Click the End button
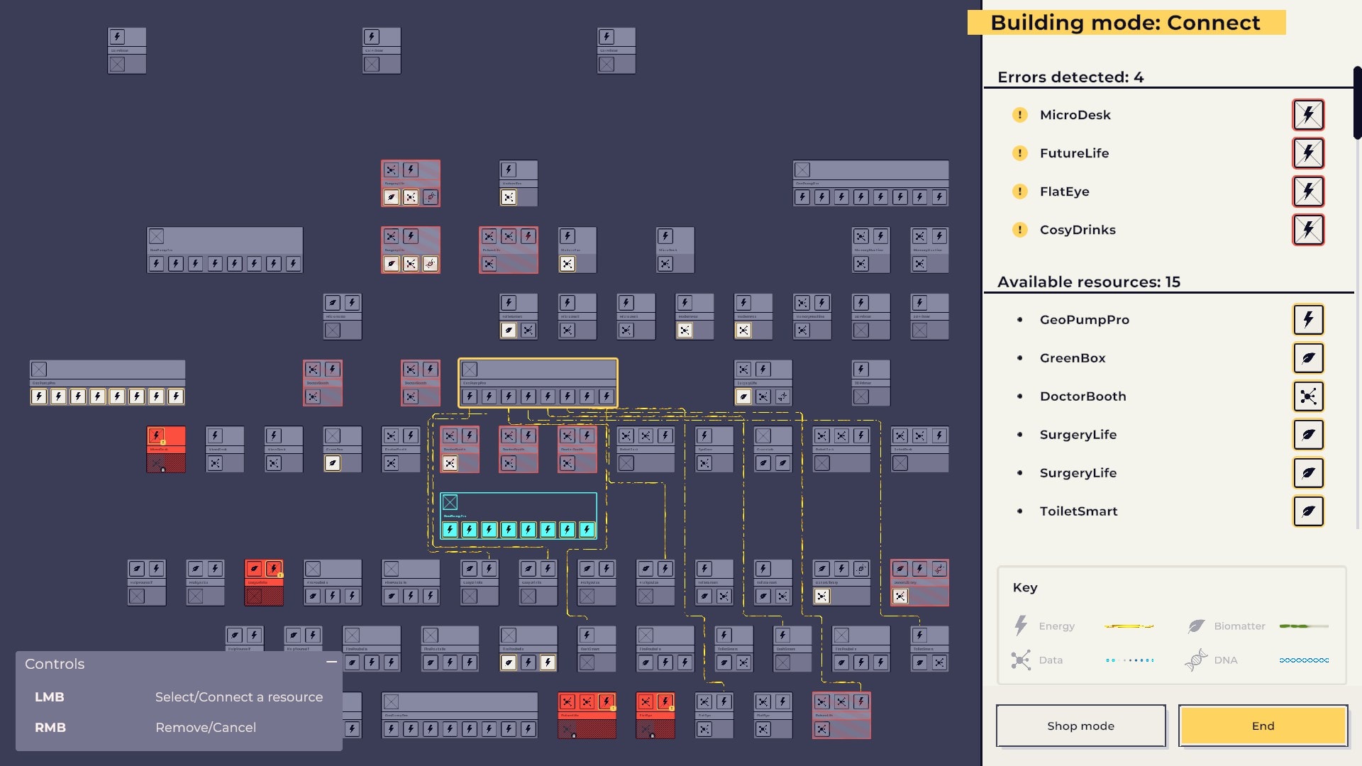pyautogui.click(x=1263, y=726)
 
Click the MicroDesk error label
pyautogui.click(x=1075, y=115)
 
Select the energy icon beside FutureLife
pyautogui.click(x=1308, y=153)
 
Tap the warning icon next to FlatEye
pyautogui.click(x=1019, y=191)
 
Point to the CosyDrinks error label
pyautogui.click(x=1077, y=230)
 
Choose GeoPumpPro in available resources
pyautogui.click(x=1084, y=320)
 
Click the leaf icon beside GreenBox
pyautogui.click(x=1308, y=358)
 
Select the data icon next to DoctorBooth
pyautogui.click(x=1308, y=396)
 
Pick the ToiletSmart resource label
pyautogui.click(x=1078, y=511)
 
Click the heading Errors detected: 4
pyautogui.click(x=1070, y=77)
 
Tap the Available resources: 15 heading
pyautogui.click(x=1088, y=282)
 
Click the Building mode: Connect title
pyautogui.click(x=1125, y=23)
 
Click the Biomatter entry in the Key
pyautogui.click(x=1239, y=626)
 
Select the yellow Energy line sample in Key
pyautogui.click(x=1129, y=626)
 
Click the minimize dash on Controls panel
pyautogui.click(x=331, y=662)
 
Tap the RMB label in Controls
pyautogui.click(x=50, y=728)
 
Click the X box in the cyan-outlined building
pyautogui.click(x=450, y=503)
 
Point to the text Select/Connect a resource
pyautogui.click(x=238, y=697)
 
